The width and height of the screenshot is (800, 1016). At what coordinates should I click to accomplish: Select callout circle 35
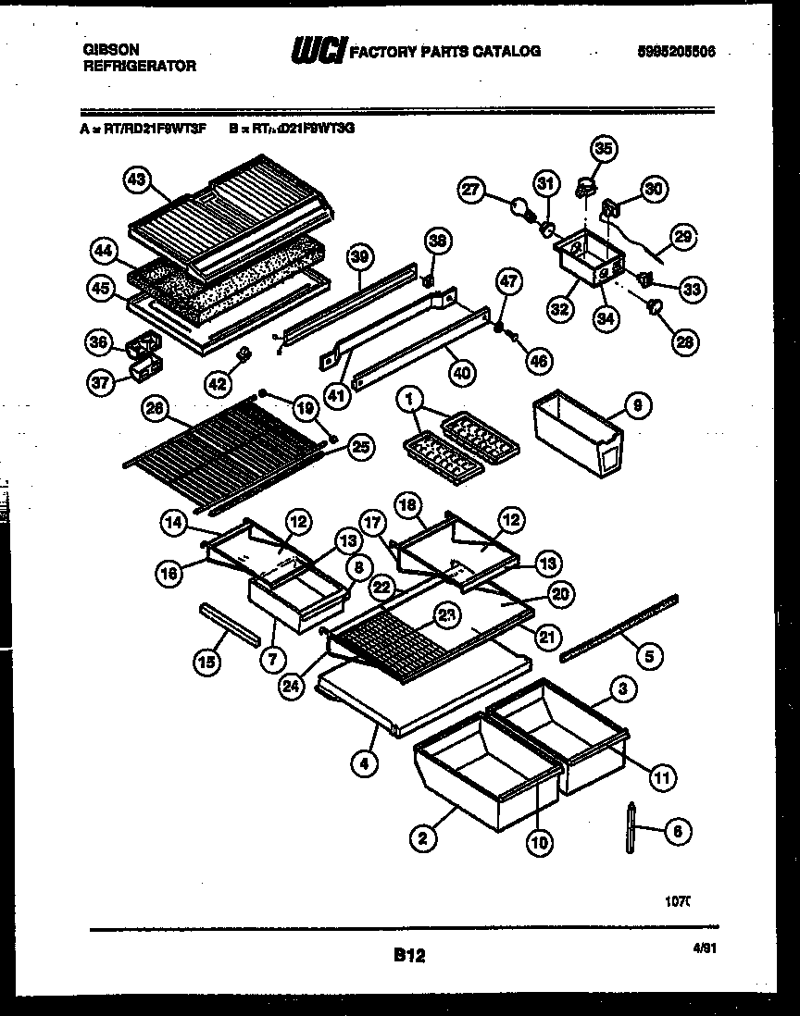point(604,148)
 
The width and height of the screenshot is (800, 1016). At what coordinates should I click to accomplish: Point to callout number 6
point(678,832)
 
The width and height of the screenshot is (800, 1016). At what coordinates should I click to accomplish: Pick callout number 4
point(366,764)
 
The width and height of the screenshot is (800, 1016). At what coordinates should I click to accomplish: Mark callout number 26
point(155,408)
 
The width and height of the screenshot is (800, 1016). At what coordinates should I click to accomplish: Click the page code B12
point(408,955)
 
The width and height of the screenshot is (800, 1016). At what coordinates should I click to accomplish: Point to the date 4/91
point(705,948)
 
